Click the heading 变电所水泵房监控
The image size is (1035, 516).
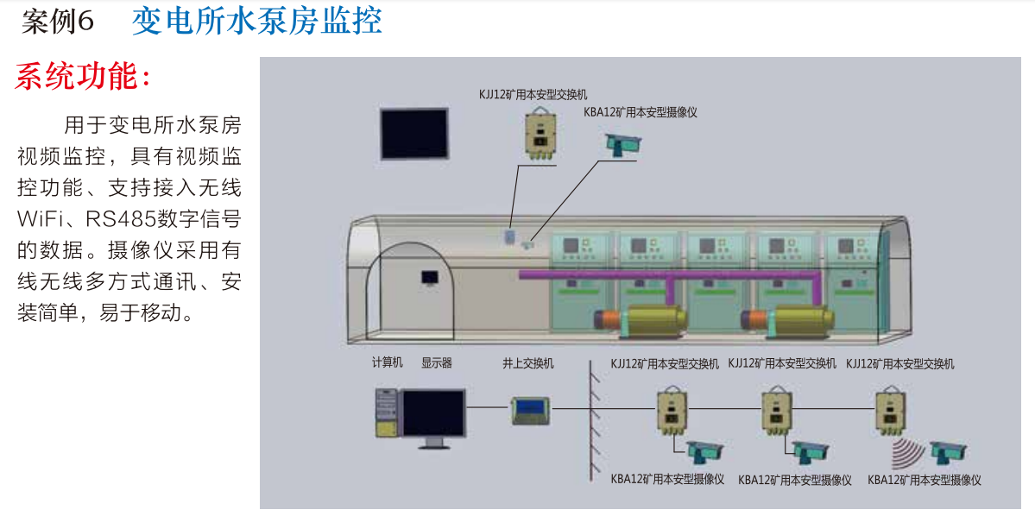[x=256, y=21]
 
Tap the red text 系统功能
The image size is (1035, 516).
[x=83, y=77]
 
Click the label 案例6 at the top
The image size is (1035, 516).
[x=57, y=22]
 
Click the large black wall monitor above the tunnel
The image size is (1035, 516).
[x=414, y=133]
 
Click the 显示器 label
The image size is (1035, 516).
[x=437, y=363]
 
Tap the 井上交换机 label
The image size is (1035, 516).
[x=528, y=363]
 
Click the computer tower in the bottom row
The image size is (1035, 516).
[x=386, y=414]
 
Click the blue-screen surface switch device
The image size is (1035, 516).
[x=532, y=410]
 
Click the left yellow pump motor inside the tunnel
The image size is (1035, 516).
[x=653, y=322]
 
